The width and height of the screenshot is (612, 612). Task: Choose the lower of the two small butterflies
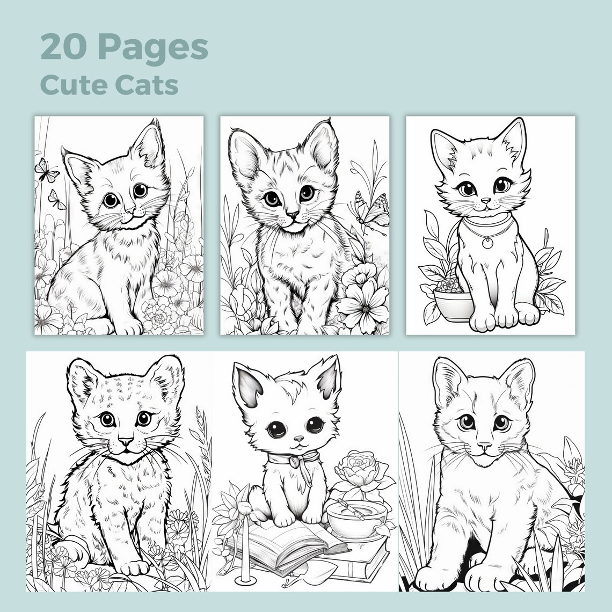point(54,199)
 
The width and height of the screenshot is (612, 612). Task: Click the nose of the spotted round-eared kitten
point(126,441)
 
